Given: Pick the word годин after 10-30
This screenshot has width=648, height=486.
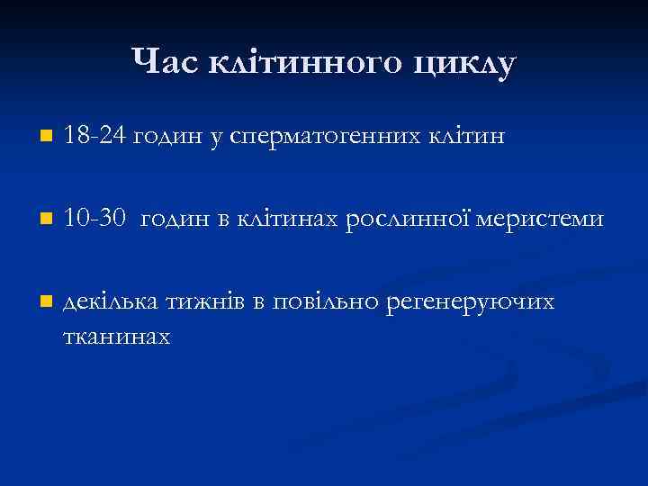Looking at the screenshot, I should click(176, 220).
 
